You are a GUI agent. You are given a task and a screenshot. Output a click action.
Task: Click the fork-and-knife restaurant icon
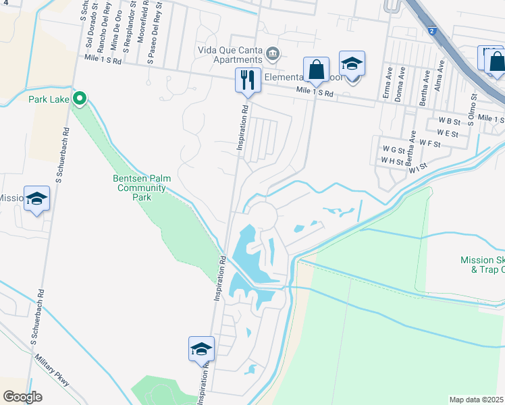click(247, 80)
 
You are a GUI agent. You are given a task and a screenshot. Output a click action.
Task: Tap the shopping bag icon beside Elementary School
click(316, 69)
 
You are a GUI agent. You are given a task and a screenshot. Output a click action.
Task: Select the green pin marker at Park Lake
click(80, 99)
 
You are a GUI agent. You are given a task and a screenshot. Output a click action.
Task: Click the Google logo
click(22, 397)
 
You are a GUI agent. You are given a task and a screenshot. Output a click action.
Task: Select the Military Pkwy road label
click(50, 371)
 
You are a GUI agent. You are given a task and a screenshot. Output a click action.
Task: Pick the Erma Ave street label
click(386, 86)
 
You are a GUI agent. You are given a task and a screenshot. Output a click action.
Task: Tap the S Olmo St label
click(473, 106)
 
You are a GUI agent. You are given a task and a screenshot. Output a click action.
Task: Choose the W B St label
click(448, 122)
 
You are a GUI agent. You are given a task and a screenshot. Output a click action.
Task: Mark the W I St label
click(418, 166)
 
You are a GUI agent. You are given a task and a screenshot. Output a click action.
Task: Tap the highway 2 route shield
click(431, 30)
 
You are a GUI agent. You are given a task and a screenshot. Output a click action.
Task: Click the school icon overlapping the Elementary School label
click(351, 65)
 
